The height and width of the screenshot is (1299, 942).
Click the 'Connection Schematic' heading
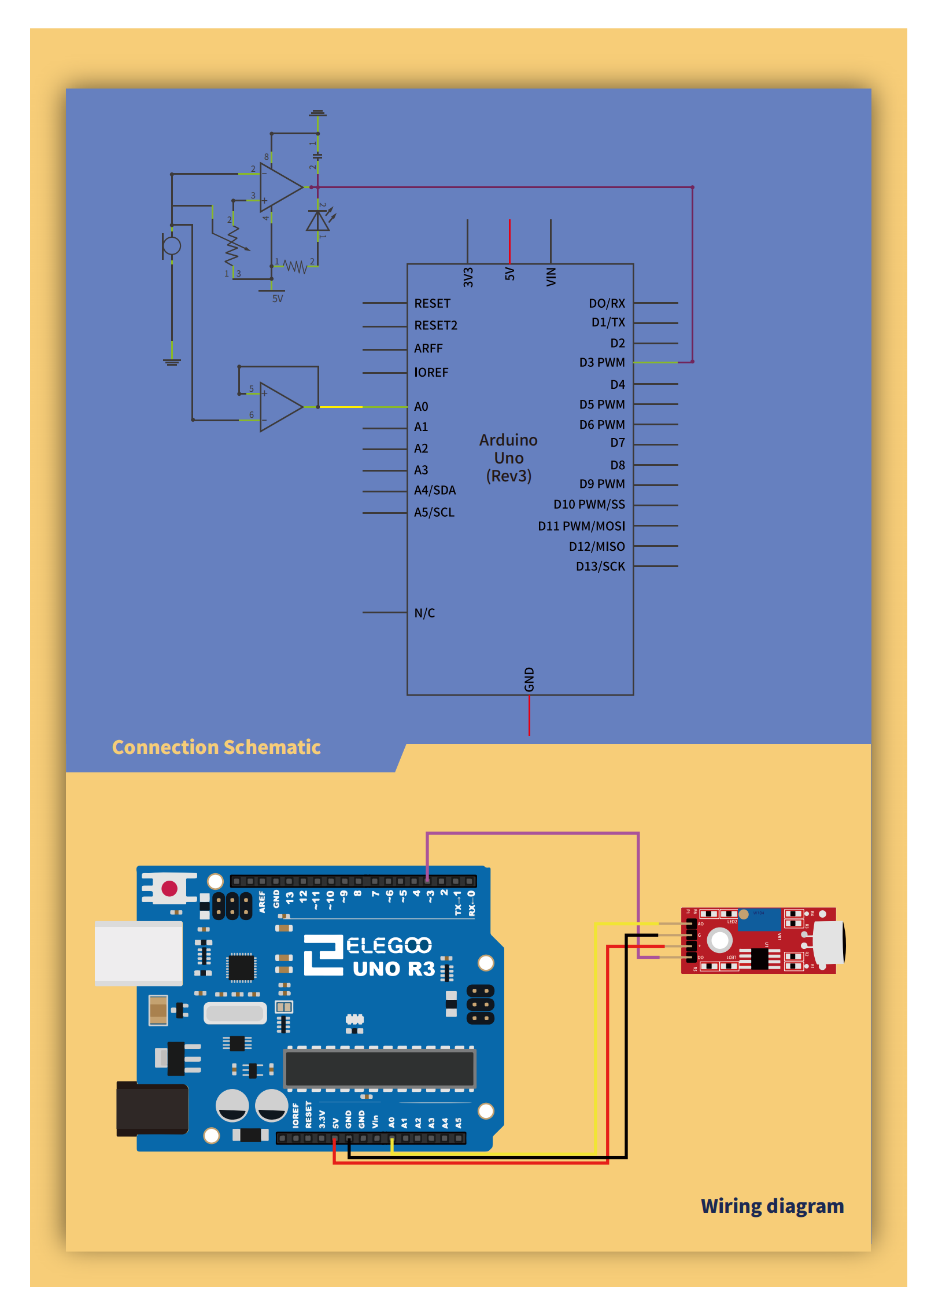pyautogui.click(x=216, y=747)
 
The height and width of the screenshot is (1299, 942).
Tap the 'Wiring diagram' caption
pyautogui.click(x=772, y=1206)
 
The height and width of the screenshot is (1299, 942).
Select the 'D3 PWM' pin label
pyautogui.click(x=602, y=363)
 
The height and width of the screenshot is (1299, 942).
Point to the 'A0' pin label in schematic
pyautogui.click(x=421, y=407)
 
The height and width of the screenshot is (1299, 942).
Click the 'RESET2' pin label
pyautogui.click(x=435, y=326)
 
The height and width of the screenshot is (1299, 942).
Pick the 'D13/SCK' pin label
pyautogui.click(x=600, y=566)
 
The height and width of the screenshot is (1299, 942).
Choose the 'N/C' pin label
pyautogui.click(x=424, y=613)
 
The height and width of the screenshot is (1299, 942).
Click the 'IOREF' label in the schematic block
pyautogui.click(x=431, y=373)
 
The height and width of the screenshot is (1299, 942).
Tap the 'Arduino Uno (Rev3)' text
pyautogui.click(x=508, y=458)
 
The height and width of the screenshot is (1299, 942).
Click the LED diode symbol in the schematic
pyautogui.click(x=318, y=221)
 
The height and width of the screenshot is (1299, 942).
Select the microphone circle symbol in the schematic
pyautogui.click(x=172, y=246)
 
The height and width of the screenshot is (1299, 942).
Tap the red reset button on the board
pyautogui.click(x=169, y=888)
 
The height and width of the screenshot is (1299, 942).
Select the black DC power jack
pyautogui.click(x=152, y=1108)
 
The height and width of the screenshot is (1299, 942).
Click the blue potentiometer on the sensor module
pyautogui.click(x=759, y=919)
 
